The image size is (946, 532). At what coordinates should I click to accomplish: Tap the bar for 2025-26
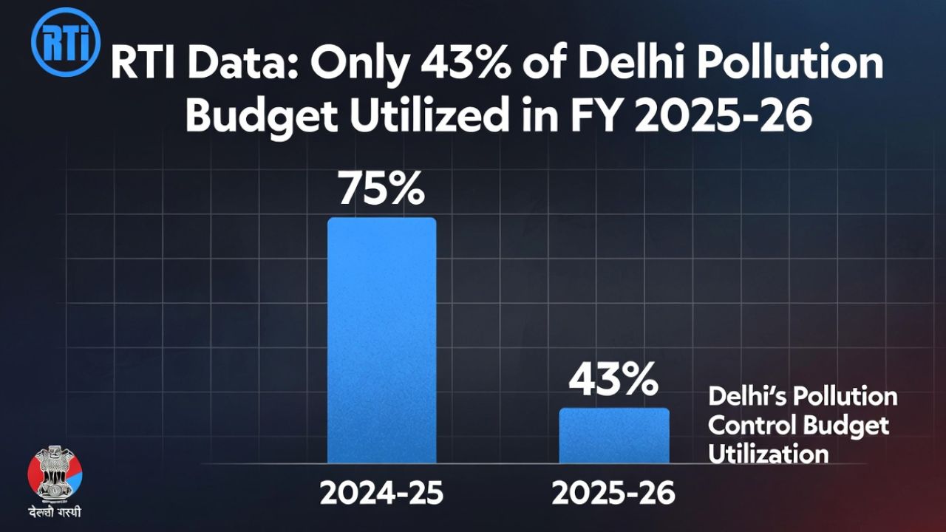click(x=613, y=436)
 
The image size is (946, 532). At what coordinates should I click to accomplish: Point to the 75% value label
click(x=381, y=190)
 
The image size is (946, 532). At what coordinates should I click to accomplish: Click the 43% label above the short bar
click(x=613, y=381)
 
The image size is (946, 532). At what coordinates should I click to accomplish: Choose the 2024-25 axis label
click(x=381, y=494)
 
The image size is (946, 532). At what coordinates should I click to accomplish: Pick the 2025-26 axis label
click(x=613, y=494)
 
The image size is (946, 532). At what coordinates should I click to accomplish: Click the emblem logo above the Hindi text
click(x=55, y=473)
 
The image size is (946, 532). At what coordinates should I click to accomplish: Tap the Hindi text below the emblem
click(x=55, y=512)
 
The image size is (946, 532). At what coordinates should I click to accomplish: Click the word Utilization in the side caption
click(x=769, y=454)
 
